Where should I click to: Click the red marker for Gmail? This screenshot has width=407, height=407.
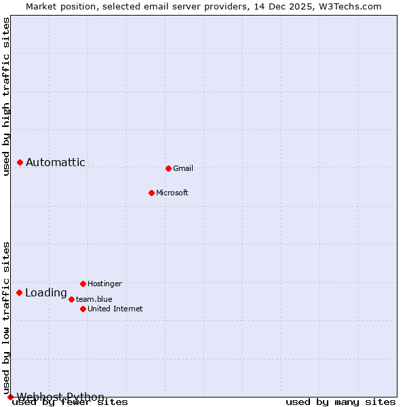click(x=168, y=168)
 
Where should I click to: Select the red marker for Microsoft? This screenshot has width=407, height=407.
click(x=151, y=193)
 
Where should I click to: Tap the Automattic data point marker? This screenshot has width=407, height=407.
click(x=20, y=162)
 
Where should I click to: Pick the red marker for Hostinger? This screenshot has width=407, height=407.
click(x=83, y=284)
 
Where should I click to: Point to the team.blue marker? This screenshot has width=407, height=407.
click(x=71, y=299)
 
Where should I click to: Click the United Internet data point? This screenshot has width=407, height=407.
click(x=83, y=309)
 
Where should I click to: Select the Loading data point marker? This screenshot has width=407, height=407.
click(x=19, y=292)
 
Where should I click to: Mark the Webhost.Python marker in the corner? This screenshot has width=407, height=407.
click(x=10, y=397)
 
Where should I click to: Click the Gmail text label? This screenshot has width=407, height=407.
click(x=183, y=168)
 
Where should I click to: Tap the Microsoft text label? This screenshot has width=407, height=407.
click(x=172, y=193)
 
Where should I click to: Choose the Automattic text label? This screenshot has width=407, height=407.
click(x=56, y=162)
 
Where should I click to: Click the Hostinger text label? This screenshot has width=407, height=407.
click(x=104, y=284)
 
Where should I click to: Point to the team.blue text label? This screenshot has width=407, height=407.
click(x=94, y=299)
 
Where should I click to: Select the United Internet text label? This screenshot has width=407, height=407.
click(x=115, y=309)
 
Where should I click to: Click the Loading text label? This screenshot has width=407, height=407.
click(x=46, y=293)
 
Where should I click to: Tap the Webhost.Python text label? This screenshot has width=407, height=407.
click(x=61, y=397)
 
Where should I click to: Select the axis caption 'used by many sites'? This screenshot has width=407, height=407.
click(x=341, y=402)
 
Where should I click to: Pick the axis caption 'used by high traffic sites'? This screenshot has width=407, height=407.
click(x=6, y=97)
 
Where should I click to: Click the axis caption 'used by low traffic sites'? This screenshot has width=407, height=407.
click(x=6, y=317)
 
